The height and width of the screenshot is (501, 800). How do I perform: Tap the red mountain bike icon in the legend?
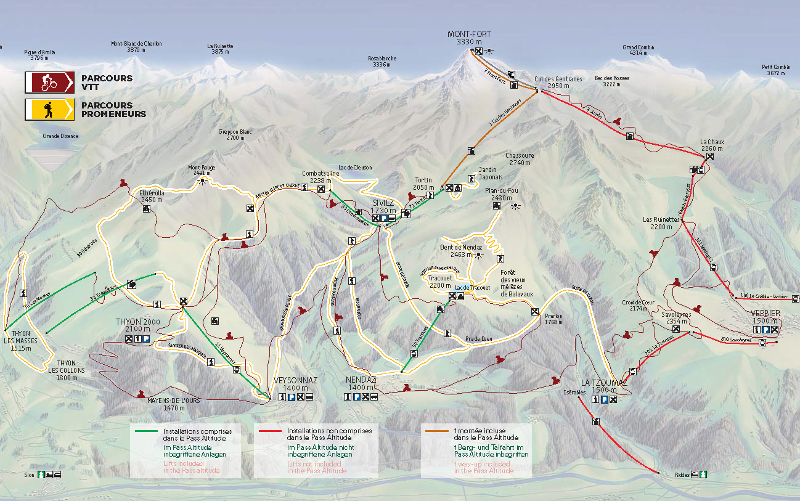coord(49,83)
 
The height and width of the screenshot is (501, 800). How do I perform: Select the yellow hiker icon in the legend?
coord(49,109)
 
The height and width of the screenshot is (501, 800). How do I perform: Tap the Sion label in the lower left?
coord(29,475)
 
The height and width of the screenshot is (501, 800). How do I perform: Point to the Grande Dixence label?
coord(60,136)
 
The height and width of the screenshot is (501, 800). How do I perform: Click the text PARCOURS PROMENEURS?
coord(113,110)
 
